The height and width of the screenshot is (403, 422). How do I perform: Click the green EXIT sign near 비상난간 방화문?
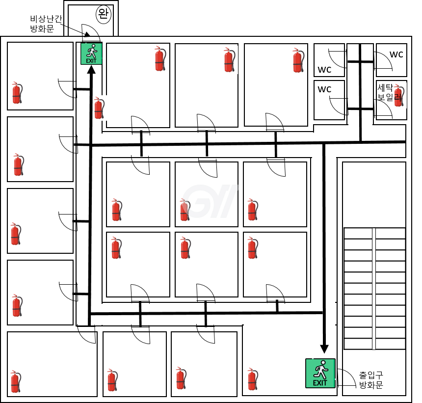pos(91,54)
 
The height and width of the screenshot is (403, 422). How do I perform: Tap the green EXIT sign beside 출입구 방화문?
pos(320,373)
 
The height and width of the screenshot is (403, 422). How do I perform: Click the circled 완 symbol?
pos(104,14)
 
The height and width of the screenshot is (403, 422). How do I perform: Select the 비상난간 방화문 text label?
pos(46,24)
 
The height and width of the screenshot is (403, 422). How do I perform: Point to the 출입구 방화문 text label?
pos(371,379)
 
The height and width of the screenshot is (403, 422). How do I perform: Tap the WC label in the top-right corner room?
pos(396,54)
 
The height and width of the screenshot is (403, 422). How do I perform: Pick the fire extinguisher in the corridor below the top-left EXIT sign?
pos(99,108)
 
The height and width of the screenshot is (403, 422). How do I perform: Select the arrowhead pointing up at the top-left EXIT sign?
pos(91,69)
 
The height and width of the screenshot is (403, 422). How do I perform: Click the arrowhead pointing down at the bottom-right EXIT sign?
pos(324,349)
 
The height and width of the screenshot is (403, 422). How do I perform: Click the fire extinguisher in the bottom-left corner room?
pos(16,381)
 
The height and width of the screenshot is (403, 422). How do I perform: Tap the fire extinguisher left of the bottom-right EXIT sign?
pos(253,379)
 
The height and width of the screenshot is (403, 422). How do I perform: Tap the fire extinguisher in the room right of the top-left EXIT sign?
pos(160,59)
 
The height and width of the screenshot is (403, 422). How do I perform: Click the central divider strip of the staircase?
pos(374,289)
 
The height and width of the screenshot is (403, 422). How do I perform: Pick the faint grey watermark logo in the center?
pos(210,201)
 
